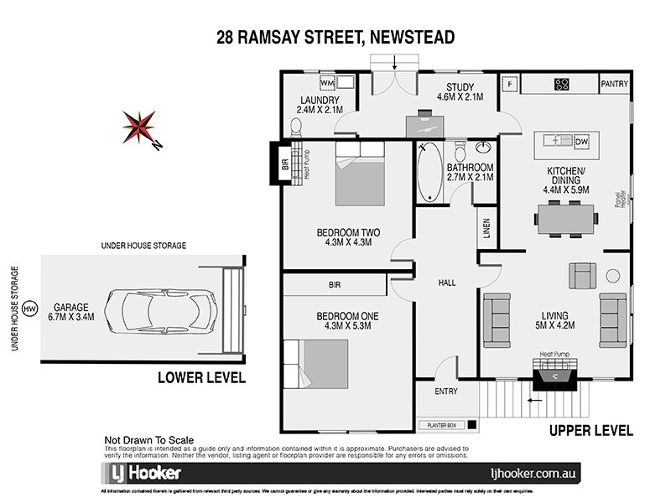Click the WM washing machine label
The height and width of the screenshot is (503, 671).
pos(327,84)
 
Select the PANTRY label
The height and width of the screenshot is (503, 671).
pos(614,84)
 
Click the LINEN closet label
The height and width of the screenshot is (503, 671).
pos(486,228)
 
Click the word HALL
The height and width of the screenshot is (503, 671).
pos(446,283)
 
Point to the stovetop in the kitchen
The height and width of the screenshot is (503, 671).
pos(561,84)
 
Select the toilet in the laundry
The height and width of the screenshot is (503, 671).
pos(294,127)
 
